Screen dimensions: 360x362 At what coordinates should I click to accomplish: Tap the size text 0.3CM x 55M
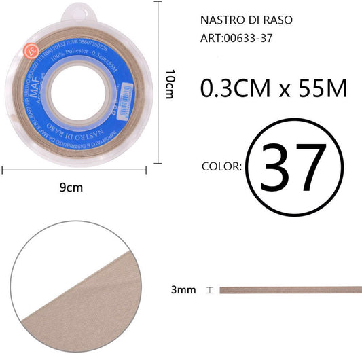pos(274,88)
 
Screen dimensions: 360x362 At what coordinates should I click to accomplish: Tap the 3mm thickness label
pos(183,290)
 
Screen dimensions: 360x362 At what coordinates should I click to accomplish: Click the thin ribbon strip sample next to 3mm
pos(290,290)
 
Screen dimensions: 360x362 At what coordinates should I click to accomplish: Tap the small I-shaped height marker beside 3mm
pos(210,290)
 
